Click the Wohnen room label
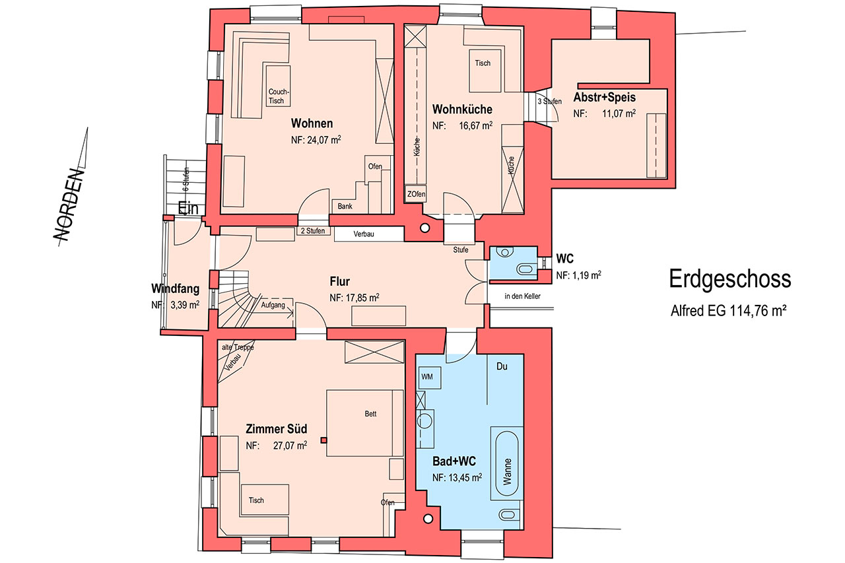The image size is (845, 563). [312, 123]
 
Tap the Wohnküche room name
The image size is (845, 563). [462, 110]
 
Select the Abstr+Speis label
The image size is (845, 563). [604, 97]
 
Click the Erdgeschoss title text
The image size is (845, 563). [730, 279]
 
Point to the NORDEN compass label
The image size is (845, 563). [69, 205]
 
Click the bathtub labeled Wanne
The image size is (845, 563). [506, 463]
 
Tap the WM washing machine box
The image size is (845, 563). [430, 377]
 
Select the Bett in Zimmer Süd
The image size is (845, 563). [365, 423]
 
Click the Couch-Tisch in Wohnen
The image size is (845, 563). [278, 86]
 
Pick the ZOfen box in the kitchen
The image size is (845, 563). [415, 194]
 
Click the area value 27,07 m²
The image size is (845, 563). [290, 446]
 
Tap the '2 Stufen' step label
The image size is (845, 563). [313, 231]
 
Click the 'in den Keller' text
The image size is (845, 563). [522, 296]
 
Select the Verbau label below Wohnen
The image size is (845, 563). [364, 234]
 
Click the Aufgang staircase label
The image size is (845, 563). [273, 305]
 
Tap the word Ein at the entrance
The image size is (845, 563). [188, 208]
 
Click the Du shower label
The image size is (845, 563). [502, 366]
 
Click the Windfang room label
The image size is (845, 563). [176, 288]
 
